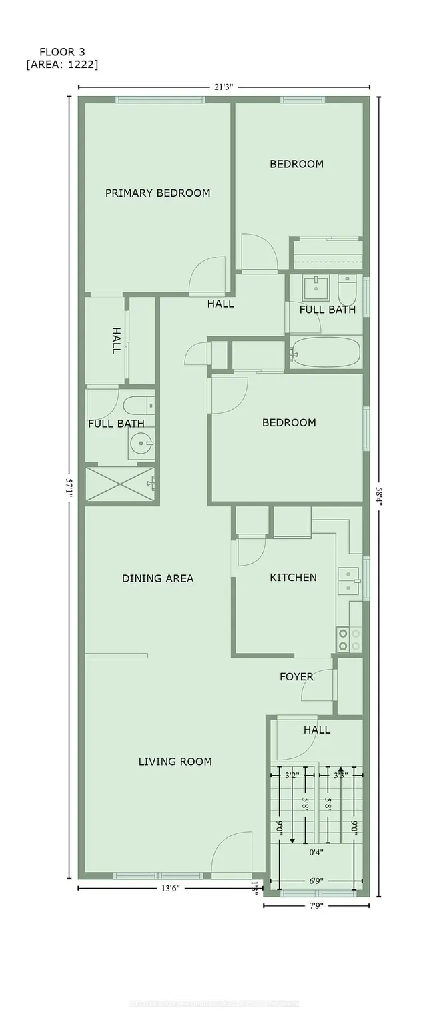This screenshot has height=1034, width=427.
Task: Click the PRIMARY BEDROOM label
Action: click(157, 193)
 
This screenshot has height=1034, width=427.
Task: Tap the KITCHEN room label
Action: click(293, 578)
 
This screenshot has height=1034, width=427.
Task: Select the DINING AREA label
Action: click(157, 578)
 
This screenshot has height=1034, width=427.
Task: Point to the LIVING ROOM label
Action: click(175, 762)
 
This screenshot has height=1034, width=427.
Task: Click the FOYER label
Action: click(296, 677)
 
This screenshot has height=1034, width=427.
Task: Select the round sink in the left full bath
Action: click(141, 442)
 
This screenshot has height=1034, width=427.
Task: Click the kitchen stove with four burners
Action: click(349, 640)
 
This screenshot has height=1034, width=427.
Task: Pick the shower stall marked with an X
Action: click(120, 484)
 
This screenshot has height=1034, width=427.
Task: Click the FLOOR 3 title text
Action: click(62, 52)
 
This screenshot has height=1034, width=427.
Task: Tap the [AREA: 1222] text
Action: click(62, 64)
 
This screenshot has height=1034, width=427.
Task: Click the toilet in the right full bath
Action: click(347, 291)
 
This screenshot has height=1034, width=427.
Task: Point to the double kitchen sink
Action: click(348, 581)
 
